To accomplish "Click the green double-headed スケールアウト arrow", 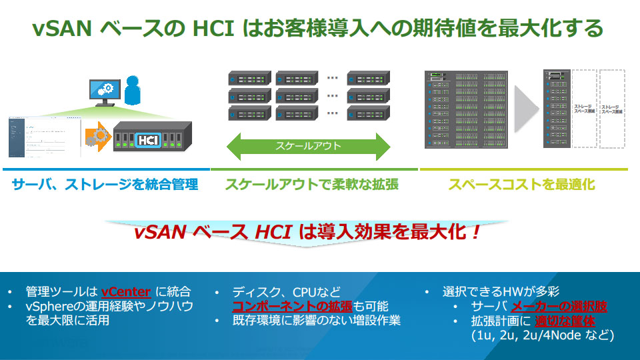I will click(309, 146).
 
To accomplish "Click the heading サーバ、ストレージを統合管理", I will click(105, 185).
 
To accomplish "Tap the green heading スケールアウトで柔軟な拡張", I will click(311, 185).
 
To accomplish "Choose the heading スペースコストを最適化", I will click(521, 185).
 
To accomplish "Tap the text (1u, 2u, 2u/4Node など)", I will click(542, 335).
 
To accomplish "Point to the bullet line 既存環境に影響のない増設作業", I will click(316, 321).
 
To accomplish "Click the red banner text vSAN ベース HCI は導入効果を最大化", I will click(306, 233).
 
